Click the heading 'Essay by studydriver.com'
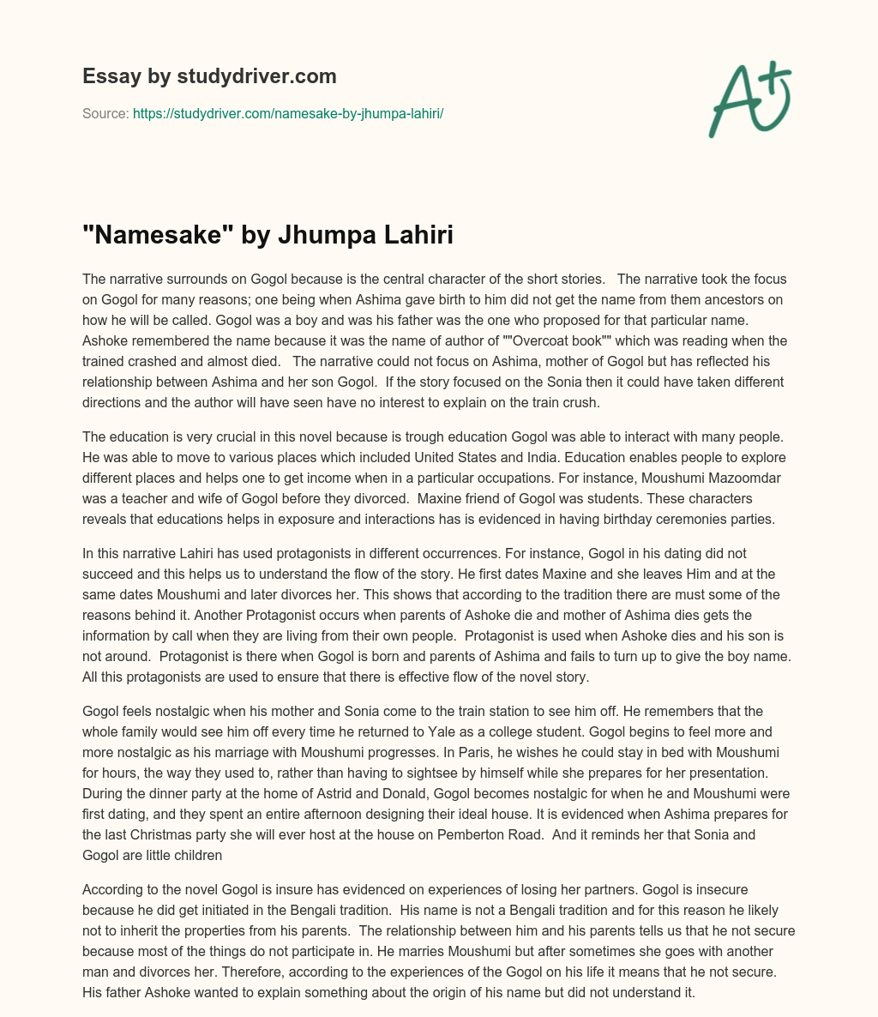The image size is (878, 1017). (209, 76)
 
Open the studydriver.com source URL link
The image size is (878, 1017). (287, 113)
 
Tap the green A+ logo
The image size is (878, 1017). (749, 99)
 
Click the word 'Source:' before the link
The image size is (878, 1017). (105, 113)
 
